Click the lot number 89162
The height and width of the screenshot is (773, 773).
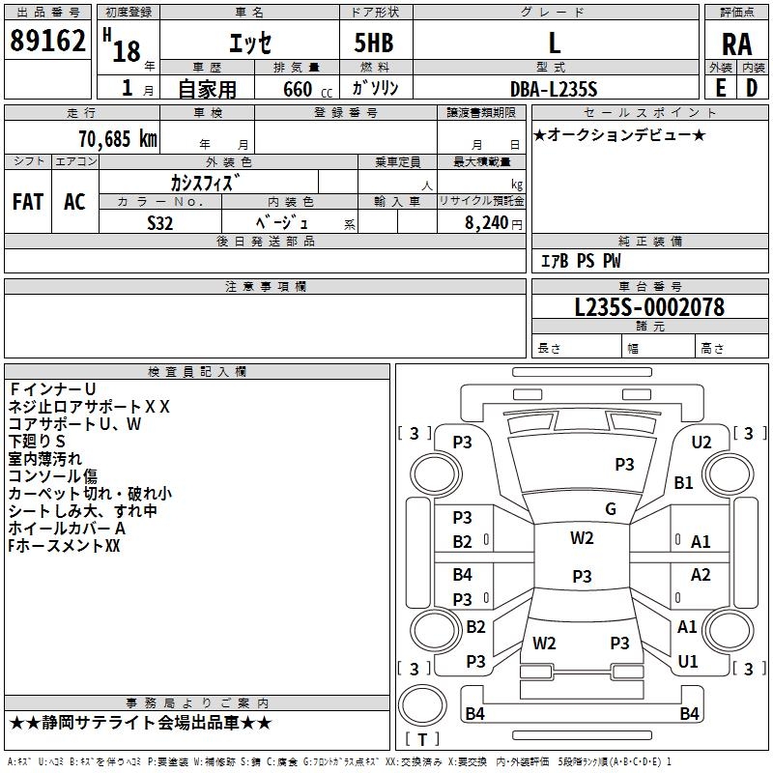point(47,41)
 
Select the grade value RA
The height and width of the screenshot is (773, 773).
point(736,44)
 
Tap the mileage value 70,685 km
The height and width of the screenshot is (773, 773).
point(118,139)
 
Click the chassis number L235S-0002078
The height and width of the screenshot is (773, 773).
point(649,307)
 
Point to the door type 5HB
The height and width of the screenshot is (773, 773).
point(374,43)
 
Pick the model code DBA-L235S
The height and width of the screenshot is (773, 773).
point(554,89)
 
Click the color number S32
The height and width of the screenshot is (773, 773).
point(160,223)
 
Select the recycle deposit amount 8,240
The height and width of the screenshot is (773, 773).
point(487,223)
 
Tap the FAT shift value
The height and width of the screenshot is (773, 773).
point(28,202)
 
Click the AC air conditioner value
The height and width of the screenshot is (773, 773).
point(75,202)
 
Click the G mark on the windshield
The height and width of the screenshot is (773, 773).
point(611,509)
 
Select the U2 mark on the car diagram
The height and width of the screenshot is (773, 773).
point(701,443)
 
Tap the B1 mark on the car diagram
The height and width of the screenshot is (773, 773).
point(683,482)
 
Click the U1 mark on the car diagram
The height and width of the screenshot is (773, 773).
point(688,661)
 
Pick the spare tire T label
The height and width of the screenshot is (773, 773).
point(422,739)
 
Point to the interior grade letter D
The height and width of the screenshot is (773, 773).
point(752,88)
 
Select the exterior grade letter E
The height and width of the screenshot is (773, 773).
point(720,88)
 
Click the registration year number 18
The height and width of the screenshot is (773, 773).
point(127,51)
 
